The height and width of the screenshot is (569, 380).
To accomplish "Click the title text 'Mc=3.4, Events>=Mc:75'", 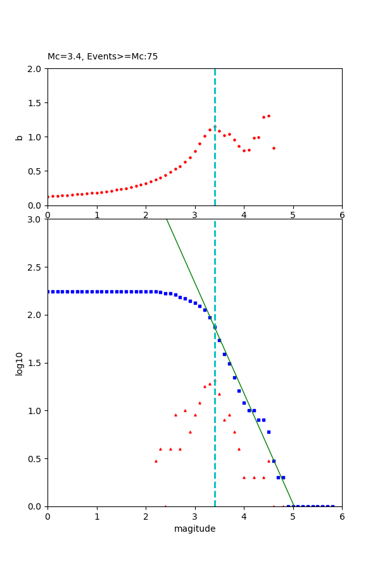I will point(103,57).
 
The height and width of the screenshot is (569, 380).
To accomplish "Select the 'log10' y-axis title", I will point(19,364).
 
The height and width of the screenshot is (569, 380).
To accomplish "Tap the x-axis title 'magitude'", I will point(194,529).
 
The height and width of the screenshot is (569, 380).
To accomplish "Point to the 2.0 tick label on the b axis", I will point(35,69).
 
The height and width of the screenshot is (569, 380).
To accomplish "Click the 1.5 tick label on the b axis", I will point(35,103).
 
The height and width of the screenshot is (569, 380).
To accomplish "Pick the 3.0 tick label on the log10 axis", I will point(35,219).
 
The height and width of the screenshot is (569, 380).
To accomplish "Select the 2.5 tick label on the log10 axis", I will point(35,267).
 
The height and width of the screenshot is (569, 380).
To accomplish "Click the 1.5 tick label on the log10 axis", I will point(35,363).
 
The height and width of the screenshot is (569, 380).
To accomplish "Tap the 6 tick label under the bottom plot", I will point(342,517).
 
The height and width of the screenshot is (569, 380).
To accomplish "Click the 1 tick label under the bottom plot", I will point(97,517).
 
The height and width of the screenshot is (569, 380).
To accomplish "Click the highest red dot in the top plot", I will point(269,116).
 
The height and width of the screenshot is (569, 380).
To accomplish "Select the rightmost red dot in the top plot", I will point(274,148).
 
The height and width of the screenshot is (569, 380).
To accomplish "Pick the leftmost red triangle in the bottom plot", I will point(156,461).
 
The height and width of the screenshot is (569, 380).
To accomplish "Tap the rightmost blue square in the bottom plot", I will point(332,506).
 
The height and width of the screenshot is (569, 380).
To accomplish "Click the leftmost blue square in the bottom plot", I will point(48,291).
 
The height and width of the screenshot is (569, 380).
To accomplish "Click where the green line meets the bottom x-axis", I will point(293,506).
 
